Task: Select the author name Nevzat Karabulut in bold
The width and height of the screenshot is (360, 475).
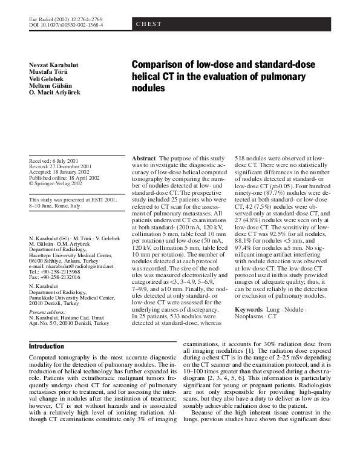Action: pos(54,65)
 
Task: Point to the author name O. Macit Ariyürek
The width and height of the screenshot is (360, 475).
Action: pos(54,91)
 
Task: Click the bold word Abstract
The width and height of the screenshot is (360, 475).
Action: pos(144,158)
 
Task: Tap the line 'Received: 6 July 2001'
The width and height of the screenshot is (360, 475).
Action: pos(56,160)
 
